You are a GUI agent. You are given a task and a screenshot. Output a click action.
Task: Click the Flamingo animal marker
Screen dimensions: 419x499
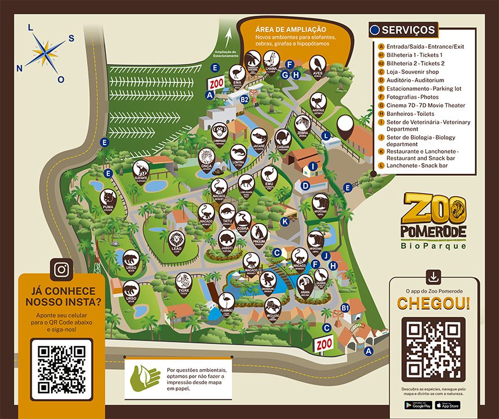coord(227,301)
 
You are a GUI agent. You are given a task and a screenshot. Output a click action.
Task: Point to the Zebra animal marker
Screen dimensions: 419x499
coord(303,124)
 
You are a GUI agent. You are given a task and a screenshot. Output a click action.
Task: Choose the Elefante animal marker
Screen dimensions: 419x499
coord(141,169)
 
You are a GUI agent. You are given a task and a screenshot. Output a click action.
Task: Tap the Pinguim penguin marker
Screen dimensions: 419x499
coord(259,232)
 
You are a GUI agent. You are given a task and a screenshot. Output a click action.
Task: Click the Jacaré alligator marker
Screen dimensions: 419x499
coord(259,137)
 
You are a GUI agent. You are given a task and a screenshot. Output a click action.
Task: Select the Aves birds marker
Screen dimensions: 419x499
coord(317,64)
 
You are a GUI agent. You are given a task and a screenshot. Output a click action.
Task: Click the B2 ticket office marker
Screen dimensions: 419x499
coord(245,100)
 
